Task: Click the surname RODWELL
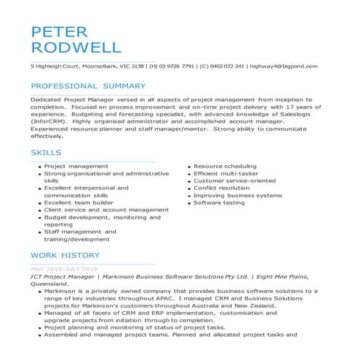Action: click(76, 48)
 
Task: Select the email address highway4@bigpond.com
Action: click(283, 66)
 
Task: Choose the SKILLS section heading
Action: click(46, 153)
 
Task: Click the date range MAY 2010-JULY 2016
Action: click(64, 269)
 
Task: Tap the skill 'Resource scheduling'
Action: click(225, 167)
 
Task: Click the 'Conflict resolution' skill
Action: click(222, 188)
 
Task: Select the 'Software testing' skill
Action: click(219, 203)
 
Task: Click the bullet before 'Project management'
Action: click(39, 167)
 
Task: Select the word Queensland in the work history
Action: click(54, 284)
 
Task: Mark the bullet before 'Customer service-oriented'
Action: click(188, 182)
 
